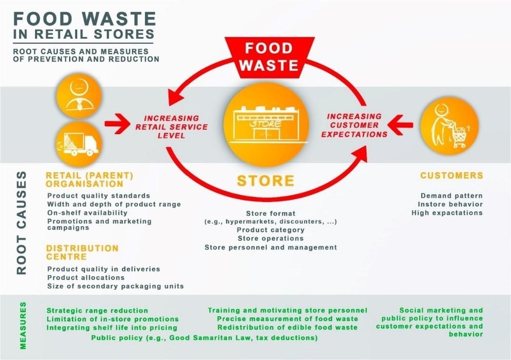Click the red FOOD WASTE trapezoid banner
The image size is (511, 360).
click(269, 58)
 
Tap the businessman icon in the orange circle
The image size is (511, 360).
click(79, 96)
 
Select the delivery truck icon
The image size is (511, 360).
click(79, 144)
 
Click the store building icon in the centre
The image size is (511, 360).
click(266, 125)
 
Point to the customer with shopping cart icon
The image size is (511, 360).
click(450, 125)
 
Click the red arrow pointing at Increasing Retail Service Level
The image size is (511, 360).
click(118, 123)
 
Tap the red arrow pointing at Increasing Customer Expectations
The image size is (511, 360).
click(400, 124)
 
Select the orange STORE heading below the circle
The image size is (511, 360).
click(266, 181)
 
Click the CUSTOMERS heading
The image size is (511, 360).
click(451, 176)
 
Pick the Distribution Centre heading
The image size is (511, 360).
click(82, 253)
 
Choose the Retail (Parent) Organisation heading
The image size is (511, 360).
click(90, 180)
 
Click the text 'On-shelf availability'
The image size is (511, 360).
click(87, 213)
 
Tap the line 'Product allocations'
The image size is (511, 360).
click(86, 278)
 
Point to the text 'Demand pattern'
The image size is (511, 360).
click(451, 196)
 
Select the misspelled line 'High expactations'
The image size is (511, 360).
click(447, 213)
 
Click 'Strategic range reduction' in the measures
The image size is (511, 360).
click(98, 310)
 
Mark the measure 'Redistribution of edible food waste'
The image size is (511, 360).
click(287, 327)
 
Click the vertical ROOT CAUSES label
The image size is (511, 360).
click(21, 223)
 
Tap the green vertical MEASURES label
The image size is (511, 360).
click(23, 325)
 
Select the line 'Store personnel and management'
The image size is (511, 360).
click(271, 247)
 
